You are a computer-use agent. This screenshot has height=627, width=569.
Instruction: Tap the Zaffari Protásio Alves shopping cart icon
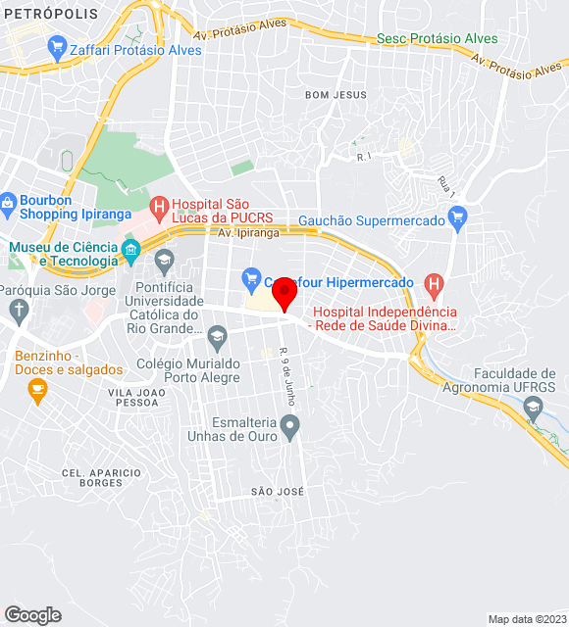tap(56, 46)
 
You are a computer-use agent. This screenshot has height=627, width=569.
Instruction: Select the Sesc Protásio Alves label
tap(437, 39)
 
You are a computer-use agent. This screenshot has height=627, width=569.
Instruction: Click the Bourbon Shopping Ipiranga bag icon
tap(9, 207)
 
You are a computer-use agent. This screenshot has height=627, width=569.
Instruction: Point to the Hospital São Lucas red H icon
tap(158, 207)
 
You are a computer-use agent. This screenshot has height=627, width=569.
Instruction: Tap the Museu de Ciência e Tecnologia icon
tap(129, 254)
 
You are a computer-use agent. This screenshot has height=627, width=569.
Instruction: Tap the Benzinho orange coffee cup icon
tap(37, 391)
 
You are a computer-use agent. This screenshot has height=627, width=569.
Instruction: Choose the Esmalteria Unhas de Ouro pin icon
tap(288, 425)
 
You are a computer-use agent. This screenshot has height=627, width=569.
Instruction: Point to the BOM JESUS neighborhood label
tap(336, 95)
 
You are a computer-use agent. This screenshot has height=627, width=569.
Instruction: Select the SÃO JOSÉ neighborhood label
tap(278, 491)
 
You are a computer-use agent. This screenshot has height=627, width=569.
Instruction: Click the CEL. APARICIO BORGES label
tap(92, 477)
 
